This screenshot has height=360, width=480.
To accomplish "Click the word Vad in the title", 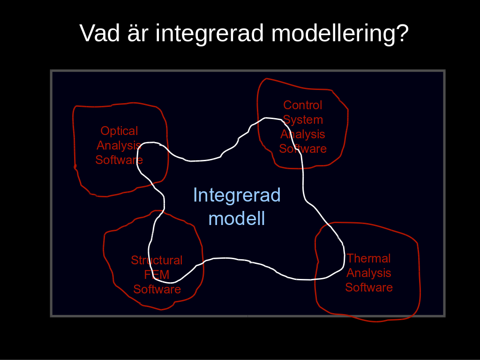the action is click(x=99, y=33).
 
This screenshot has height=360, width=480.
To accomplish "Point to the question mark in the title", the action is click(x=402, y=33).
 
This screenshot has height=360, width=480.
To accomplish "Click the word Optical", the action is click(x=119, y=131).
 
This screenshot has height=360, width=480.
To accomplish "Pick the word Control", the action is click(x=302, y=105).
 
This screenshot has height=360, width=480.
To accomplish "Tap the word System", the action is click(x=303, y=120).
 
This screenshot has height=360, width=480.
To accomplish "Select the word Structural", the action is click(x=157, y=260).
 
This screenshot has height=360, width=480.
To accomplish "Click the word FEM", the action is click(x=157, y=275).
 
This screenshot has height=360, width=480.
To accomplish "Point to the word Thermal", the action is click(x=368, y=258).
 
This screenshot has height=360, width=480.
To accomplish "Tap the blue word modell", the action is click(x=237, y=218).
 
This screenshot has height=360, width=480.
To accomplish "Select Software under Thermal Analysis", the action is click(x=369, y=287).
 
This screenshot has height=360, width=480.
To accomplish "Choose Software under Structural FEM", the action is click(x=157, y=289).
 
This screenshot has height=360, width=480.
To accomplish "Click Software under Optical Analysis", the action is click(x=119, y=160).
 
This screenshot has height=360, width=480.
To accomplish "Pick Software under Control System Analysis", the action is click(x=303, y=149).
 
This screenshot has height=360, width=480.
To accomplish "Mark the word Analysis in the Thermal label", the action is click(x=368, y=273).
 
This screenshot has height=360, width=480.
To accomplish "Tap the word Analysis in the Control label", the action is click(x=302, y=135).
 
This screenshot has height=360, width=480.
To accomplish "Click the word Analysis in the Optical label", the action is click(x=119, y=146).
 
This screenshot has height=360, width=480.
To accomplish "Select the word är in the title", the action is click(x=138, y=33).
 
